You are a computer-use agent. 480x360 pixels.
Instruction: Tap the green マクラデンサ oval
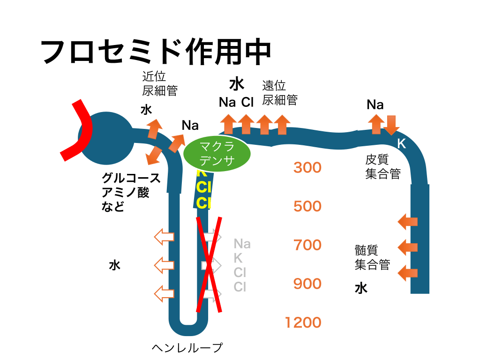click(216, 153)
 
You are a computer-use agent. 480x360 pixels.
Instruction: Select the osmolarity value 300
click(307, 167)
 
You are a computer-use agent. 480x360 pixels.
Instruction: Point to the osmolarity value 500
click(307, 206)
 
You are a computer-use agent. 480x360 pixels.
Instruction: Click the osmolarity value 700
click(307, 245)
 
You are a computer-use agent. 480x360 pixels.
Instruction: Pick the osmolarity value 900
click(307, 284)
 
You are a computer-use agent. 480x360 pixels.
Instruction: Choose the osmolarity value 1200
click(303, 322)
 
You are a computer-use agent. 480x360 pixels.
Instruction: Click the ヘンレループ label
click(187, 348)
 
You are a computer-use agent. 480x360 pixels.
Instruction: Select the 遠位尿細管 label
click(279, 93)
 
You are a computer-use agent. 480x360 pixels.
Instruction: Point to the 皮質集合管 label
click(382, 167)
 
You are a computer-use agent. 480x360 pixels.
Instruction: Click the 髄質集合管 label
click(372, 257)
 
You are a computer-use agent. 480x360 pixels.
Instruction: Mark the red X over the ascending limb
click(209, 264)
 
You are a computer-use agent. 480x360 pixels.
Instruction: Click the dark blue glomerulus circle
click(107, 138)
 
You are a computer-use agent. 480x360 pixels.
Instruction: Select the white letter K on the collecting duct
click(401, 144)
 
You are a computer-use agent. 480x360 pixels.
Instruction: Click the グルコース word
click(131, 179)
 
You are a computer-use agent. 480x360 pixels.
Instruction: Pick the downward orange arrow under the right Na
click(391, 124)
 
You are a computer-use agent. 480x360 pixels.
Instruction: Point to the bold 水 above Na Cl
click(237, 84)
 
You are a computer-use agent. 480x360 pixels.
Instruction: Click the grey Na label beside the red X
click(242, 244)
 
